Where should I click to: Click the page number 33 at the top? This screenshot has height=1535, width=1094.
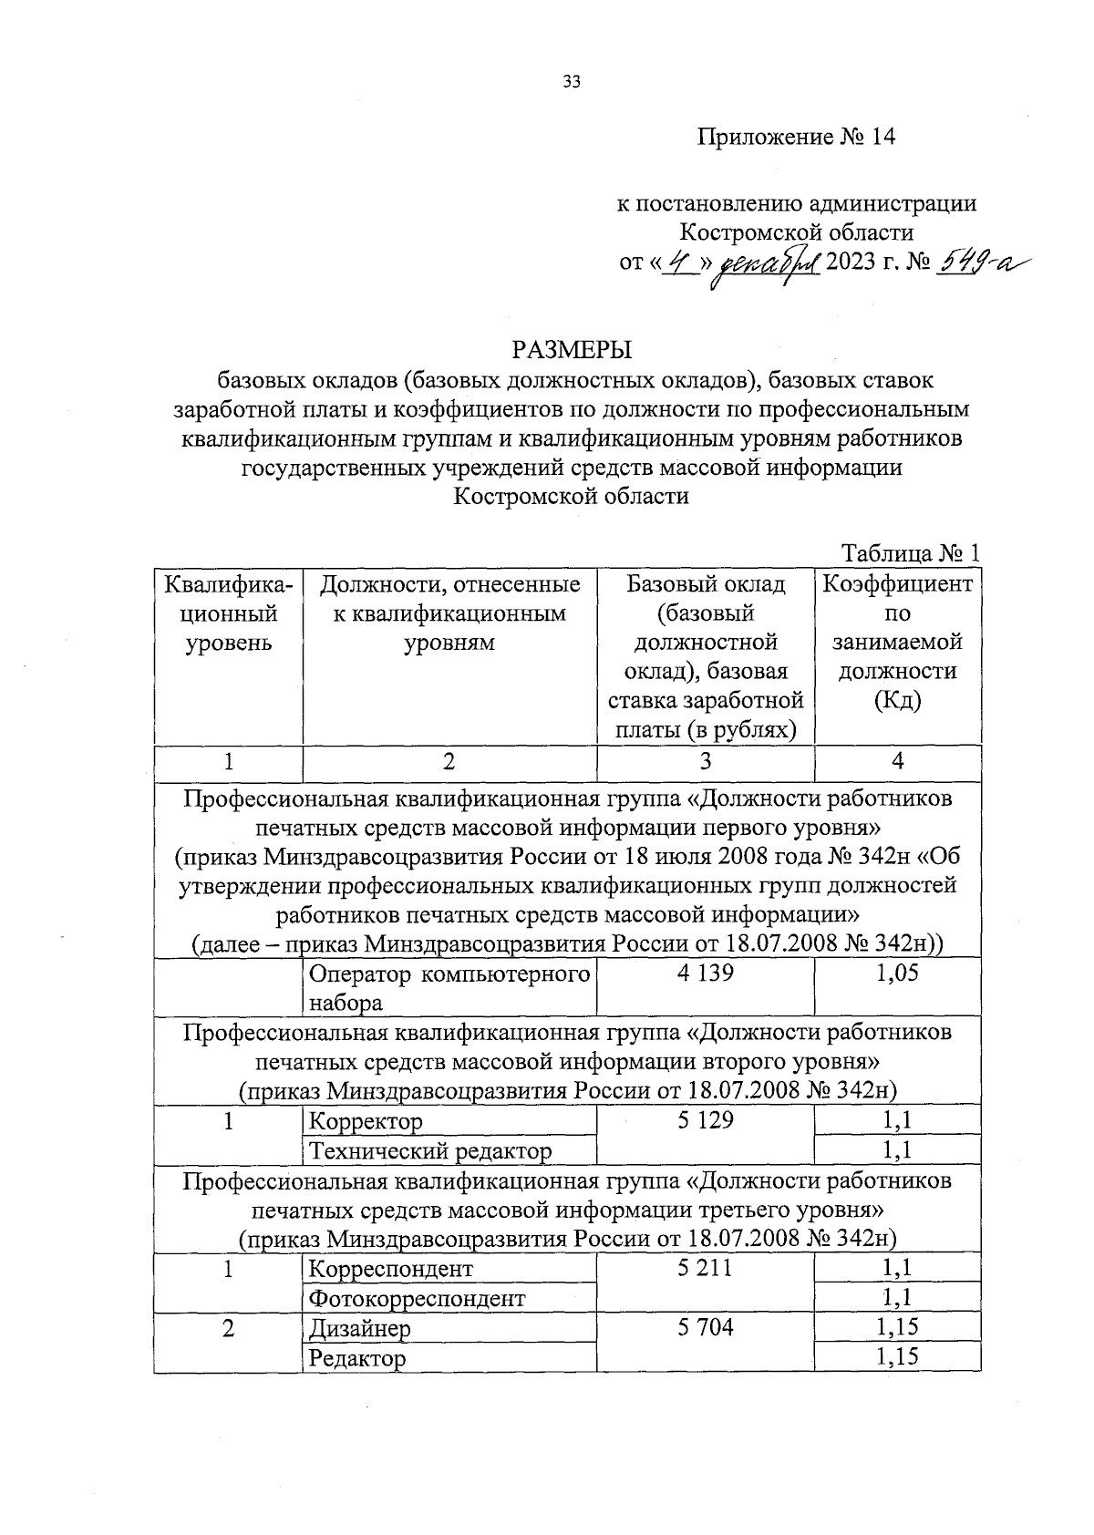tap(572, 82)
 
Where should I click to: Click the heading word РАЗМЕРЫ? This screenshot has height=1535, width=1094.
tap(572, 350)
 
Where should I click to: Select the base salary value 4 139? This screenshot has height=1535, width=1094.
tap(705, 974)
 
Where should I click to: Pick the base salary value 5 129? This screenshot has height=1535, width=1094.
tap(705, 1120)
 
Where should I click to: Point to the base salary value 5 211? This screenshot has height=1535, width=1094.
tap(705, 1267)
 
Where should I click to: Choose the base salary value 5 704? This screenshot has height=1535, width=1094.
tap(705, 1327)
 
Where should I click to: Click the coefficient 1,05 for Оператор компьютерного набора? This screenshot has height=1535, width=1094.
tap(897, 974)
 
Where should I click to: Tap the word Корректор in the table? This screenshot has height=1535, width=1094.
tap(366, 1121)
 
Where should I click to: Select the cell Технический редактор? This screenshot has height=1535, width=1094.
tap(430, 1151)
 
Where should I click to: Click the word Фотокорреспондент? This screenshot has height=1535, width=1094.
tap(417, 1298)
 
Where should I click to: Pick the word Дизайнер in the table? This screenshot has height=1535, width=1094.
tap(359, 1328)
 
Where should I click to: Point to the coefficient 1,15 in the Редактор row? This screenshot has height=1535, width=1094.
tap(897, 1357)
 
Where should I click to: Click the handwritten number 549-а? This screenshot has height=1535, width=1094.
tap(977, 263)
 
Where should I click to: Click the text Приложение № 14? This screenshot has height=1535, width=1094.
tap(797, 137)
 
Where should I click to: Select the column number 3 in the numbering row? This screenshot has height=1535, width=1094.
tap(705, 761)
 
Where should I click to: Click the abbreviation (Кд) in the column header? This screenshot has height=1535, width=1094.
tap(897, 701)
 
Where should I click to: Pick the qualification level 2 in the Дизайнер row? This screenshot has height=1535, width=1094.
tap(227, 1328)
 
